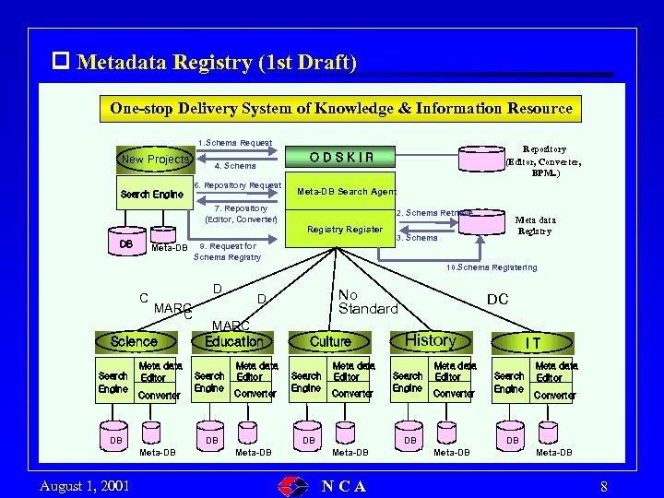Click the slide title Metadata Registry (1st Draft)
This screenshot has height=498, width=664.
217,62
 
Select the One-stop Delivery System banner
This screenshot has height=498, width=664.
341,108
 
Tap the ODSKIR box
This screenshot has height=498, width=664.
342,157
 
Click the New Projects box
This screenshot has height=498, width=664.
155,159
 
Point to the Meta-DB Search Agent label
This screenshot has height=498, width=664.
347,192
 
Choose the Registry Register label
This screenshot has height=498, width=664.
345,229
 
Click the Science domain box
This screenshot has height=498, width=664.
134,341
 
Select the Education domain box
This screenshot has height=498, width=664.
233,341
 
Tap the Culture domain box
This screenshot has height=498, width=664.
330,341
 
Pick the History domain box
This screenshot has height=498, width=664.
430,340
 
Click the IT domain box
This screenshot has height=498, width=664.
533,342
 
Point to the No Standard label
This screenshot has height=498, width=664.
367,302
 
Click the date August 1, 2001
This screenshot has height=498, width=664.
85,486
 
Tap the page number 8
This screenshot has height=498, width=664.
603,486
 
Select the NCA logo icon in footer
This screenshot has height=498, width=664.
294,486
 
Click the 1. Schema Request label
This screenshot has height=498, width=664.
235,143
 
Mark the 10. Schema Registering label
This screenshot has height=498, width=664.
491,267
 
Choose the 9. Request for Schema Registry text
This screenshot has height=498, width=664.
228,252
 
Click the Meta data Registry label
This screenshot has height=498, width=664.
535,225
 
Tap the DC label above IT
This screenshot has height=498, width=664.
498,300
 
